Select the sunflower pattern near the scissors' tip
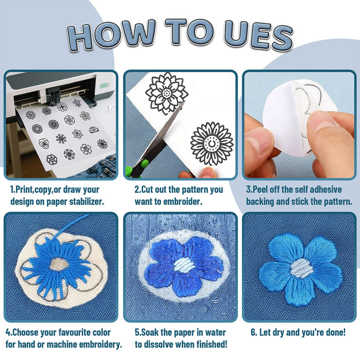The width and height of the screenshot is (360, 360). (x=211, y=144)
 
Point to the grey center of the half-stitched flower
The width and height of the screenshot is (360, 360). (x=58, y=264)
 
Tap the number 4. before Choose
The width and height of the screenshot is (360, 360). (x=9, y=333)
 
